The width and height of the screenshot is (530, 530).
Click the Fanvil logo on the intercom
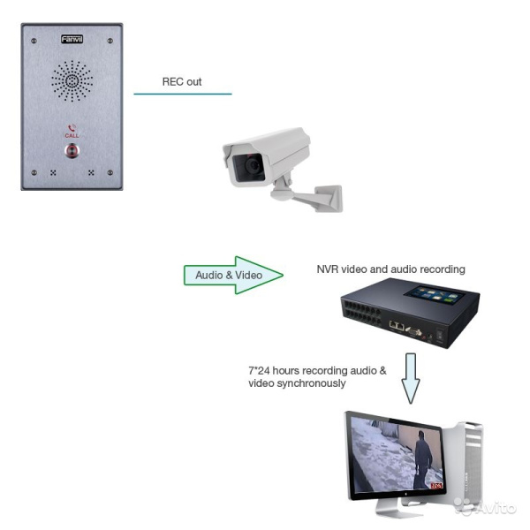coord(72,40)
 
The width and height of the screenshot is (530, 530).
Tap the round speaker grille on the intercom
coord(72,81)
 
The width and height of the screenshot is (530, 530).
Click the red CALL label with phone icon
coord(72,132)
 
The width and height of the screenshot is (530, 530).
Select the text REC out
coord(181,82)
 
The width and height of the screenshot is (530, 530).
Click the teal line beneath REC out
coord(182,94)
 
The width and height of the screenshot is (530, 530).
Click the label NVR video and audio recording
coord(390,269)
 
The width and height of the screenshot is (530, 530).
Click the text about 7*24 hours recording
coord(317,377)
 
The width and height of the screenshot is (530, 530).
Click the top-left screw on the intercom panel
coord(34,42)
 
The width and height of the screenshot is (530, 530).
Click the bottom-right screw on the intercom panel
coord(109,173)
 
